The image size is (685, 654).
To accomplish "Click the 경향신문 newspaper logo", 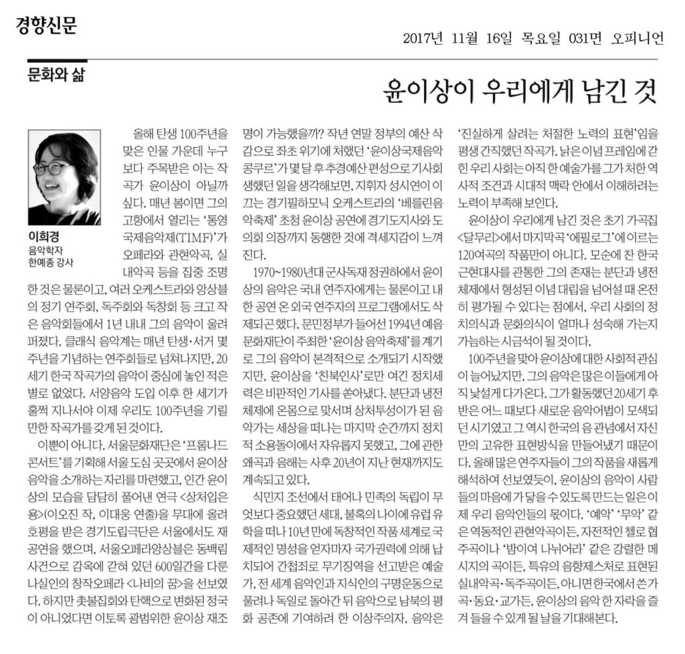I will (x=46, y=25).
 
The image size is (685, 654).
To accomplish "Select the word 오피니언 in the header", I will (x=637, y=38).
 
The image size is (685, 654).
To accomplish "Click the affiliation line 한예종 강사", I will (x=50, y=261).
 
